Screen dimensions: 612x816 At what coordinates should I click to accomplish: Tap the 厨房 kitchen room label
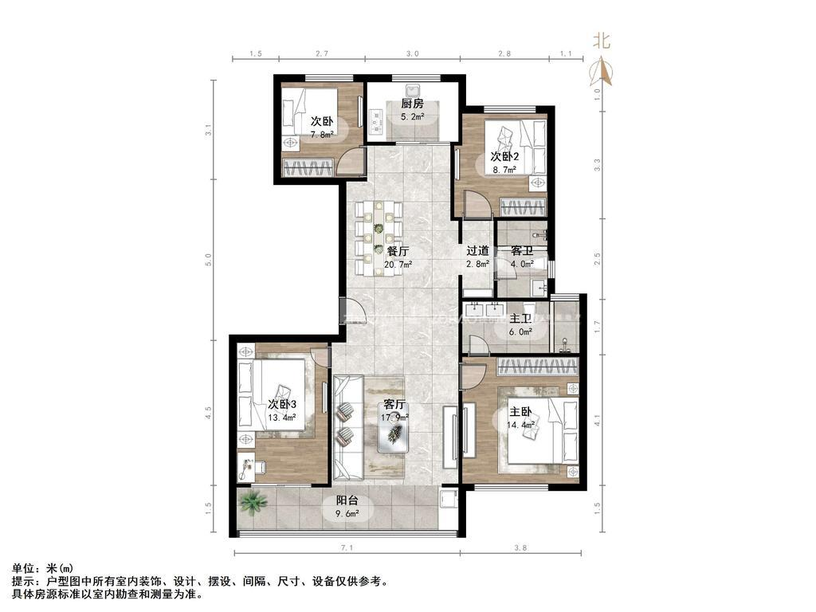pos(412,104)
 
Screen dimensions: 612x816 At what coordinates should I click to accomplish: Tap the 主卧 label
pos(520,412)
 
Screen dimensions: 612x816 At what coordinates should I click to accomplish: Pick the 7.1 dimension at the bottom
pos(345,547)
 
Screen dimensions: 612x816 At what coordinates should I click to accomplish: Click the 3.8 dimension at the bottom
pos(520,547)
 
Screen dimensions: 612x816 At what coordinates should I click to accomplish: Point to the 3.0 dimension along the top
pos(412,53)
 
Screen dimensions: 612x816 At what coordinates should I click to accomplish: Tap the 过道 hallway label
pos(478,251)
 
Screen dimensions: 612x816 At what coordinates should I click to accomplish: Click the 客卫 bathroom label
pos(522,251)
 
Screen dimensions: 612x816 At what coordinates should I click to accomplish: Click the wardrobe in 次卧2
pos(522,207)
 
